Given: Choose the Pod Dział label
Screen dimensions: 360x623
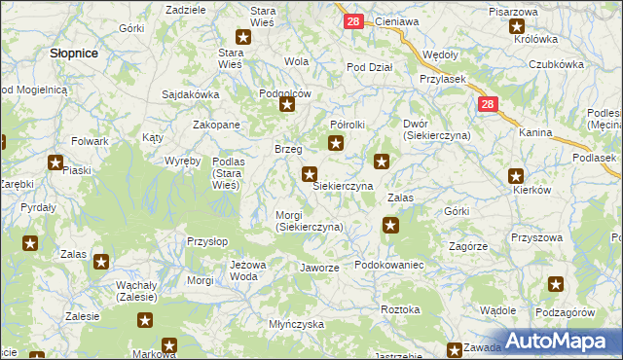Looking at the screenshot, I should pyautogui.click(x=370, y=67).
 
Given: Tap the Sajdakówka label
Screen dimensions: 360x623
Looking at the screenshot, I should pyautogui.click(x=192, y=95).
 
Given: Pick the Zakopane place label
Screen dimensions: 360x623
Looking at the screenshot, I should pyautogui.click(x=216, y=125).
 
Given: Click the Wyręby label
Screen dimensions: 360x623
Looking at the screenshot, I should pyautogui.click(x=182, y=160).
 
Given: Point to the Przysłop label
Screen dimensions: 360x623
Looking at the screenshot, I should pyautogui.click(x=207, y=240).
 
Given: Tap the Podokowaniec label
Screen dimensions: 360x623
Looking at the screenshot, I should pyautogui.click(x=388, y=265).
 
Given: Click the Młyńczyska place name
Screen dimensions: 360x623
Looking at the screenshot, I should pyautogui.click(x=296, y=324).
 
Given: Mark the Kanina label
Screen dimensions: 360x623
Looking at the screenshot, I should pyautogui.click(x=535, y=132).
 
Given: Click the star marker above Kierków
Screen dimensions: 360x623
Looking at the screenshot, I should pyautogui.click(x=516, y=176).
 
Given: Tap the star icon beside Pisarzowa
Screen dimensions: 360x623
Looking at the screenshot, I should pyautogui.click(x=517, y=26).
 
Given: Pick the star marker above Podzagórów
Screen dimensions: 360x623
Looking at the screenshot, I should pyautogui.click(x=556, y=284).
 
